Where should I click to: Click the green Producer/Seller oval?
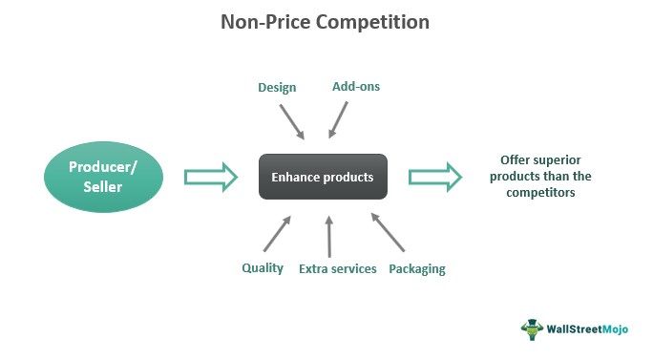pyautogui.click(x=102, y=178)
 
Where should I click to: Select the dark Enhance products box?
pyautogui.click(x=323, y=177)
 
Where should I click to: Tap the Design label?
pyautogui.click(x=277, y=88)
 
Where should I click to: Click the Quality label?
pyautogui.click(x=263, y=268)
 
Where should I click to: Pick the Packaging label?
pyautogui.click(x=417, y=269)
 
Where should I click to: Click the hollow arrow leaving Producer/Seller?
pyautogui.click(x=210, y=177)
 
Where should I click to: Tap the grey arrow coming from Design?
pyautogui.click(x=292, y=120)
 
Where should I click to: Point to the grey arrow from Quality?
pyautogui.click(x=278, y=234)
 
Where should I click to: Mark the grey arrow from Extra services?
pyautogui.click(x=328, y=235)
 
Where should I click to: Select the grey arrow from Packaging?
pyautogui.click(x=388, y=234)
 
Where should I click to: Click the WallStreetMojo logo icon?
pyautogui.click(x=532, y=329)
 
